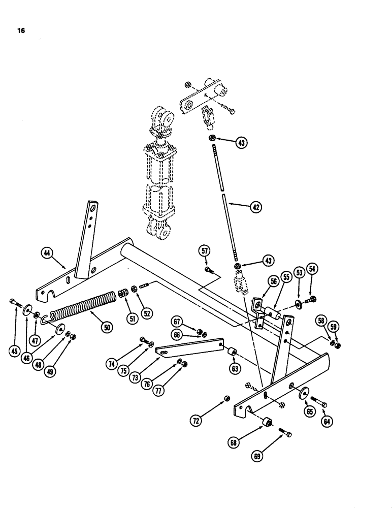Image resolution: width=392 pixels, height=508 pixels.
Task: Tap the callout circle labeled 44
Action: click(x=48, y=254)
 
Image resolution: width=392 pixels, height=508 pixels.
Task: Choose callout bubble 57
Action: click(x=205, y=250)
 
